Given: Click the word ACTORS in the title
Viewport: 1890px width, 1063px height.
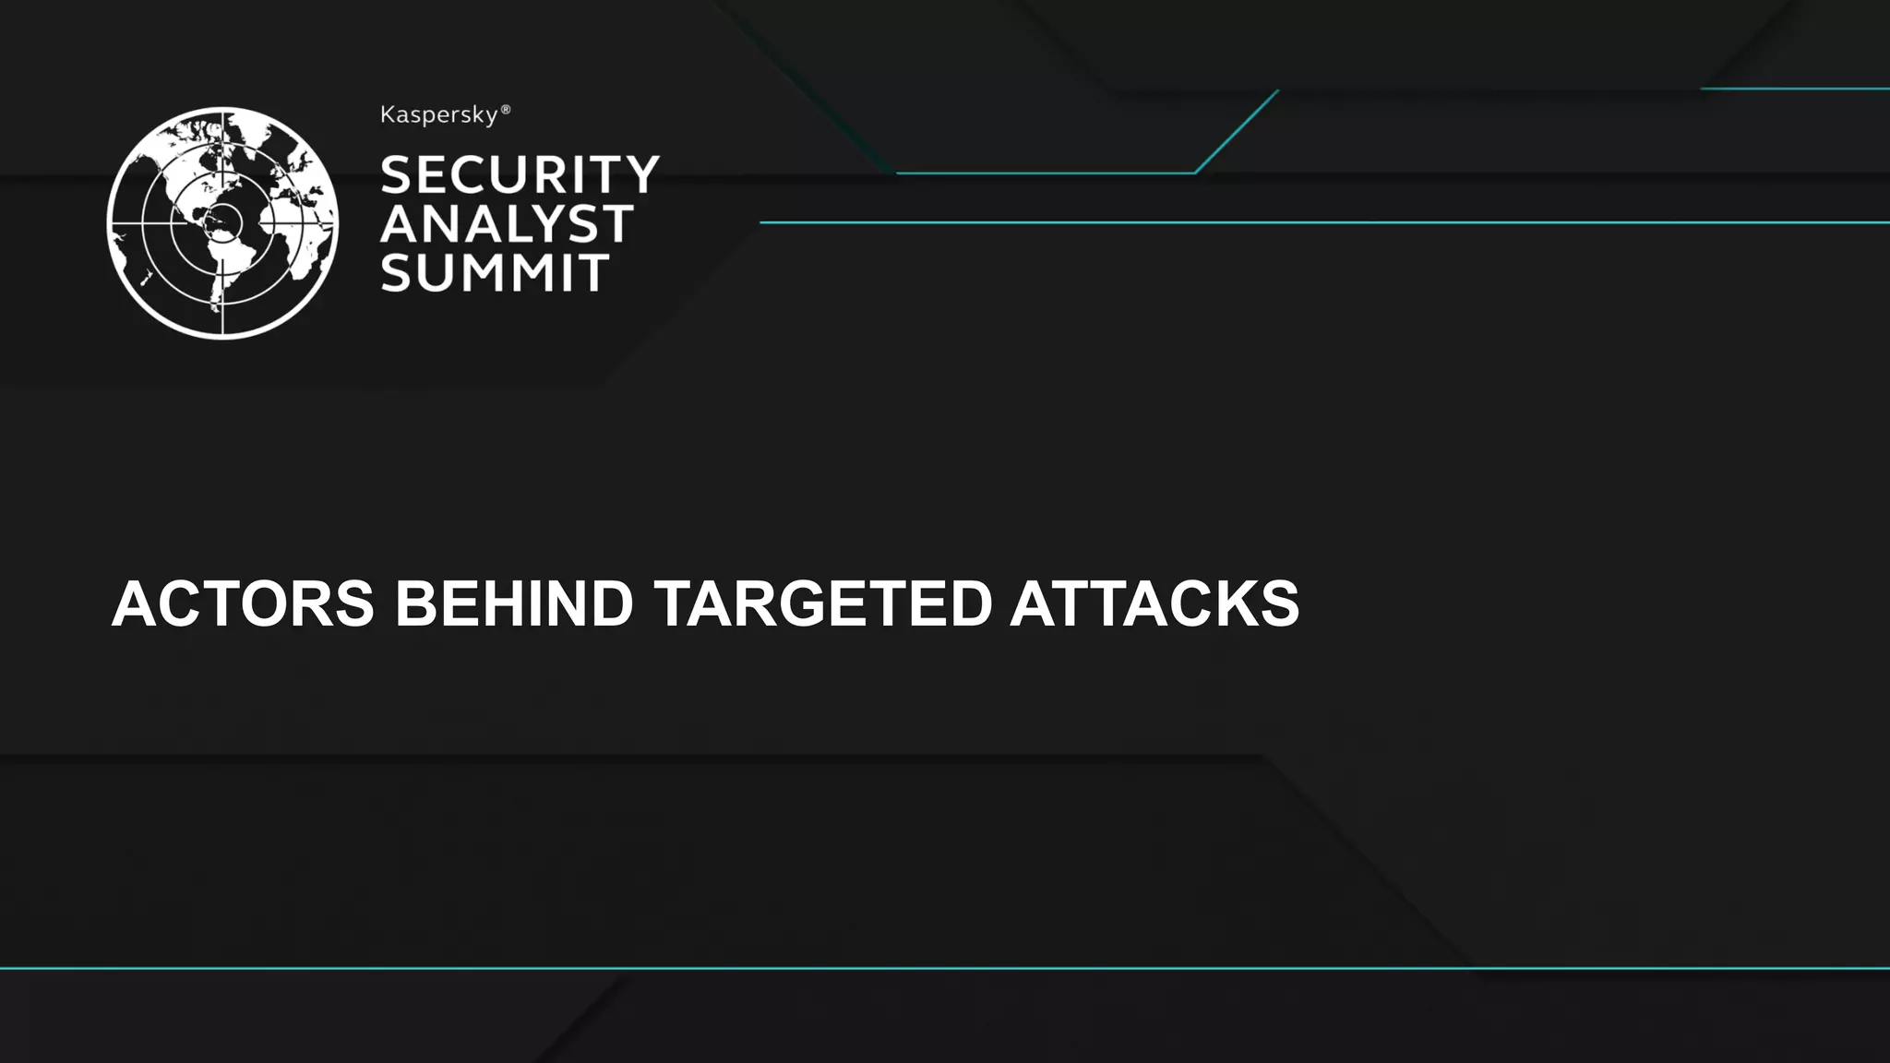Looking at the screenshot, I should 243,603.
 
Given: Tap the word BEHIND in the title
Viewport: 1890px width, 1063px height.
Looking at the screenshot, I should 514,603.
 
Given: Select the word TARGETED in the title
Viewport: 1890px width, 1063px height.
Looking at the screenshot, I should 821,603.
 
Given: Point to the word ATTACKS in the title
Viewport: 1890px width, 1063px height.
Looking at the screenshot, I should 1154,603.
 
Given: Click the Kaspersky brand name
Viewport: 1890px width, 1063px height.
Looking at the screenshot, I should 439,116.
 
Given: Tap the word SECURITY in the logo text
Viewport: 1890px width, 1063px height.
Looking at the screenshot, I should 520,174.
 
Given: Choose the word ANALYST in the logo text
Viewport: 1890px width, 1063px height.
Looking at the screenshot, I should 507,223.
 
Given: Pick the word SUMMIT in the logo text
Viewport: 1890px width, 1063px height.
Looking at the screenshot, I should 495,273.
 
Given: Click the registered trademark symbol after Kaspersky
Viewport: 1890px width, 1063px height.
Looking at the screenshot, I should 505,111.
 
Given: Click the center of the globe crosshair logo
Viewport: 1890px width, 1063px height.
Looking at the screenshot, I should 222,222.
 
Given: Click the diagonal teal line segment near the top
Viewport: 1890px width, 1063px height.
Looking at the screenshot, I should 1237,131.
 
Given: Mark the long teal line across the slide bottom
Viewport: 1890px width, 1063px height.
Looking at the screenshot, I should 945,968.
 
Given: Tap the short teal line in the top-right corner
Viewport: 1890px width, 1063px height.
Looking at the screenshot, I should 1795,89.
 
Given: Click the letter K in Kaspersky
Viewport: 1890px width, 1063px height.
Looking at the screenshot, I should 388,115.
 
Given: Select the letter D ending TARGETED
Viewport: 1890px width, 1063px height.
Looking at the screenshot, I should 965,603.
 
